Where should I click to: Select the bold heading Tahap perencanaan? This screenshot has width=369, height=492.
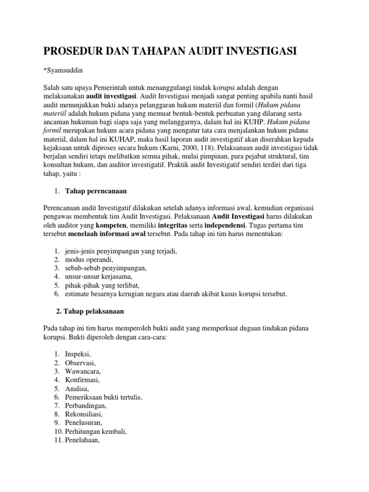tap(96, 191)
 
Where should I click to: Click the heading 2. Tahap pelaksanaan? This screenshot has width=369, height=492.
tap(90, 311)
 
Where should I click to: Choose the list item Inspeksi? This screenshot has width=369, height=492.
tap(77, 354)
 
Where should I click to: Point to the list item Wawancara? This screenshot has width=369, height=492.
tap(83, 371)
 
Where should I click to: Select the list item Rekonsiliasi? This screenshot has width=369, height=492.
tap(84, 414)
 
